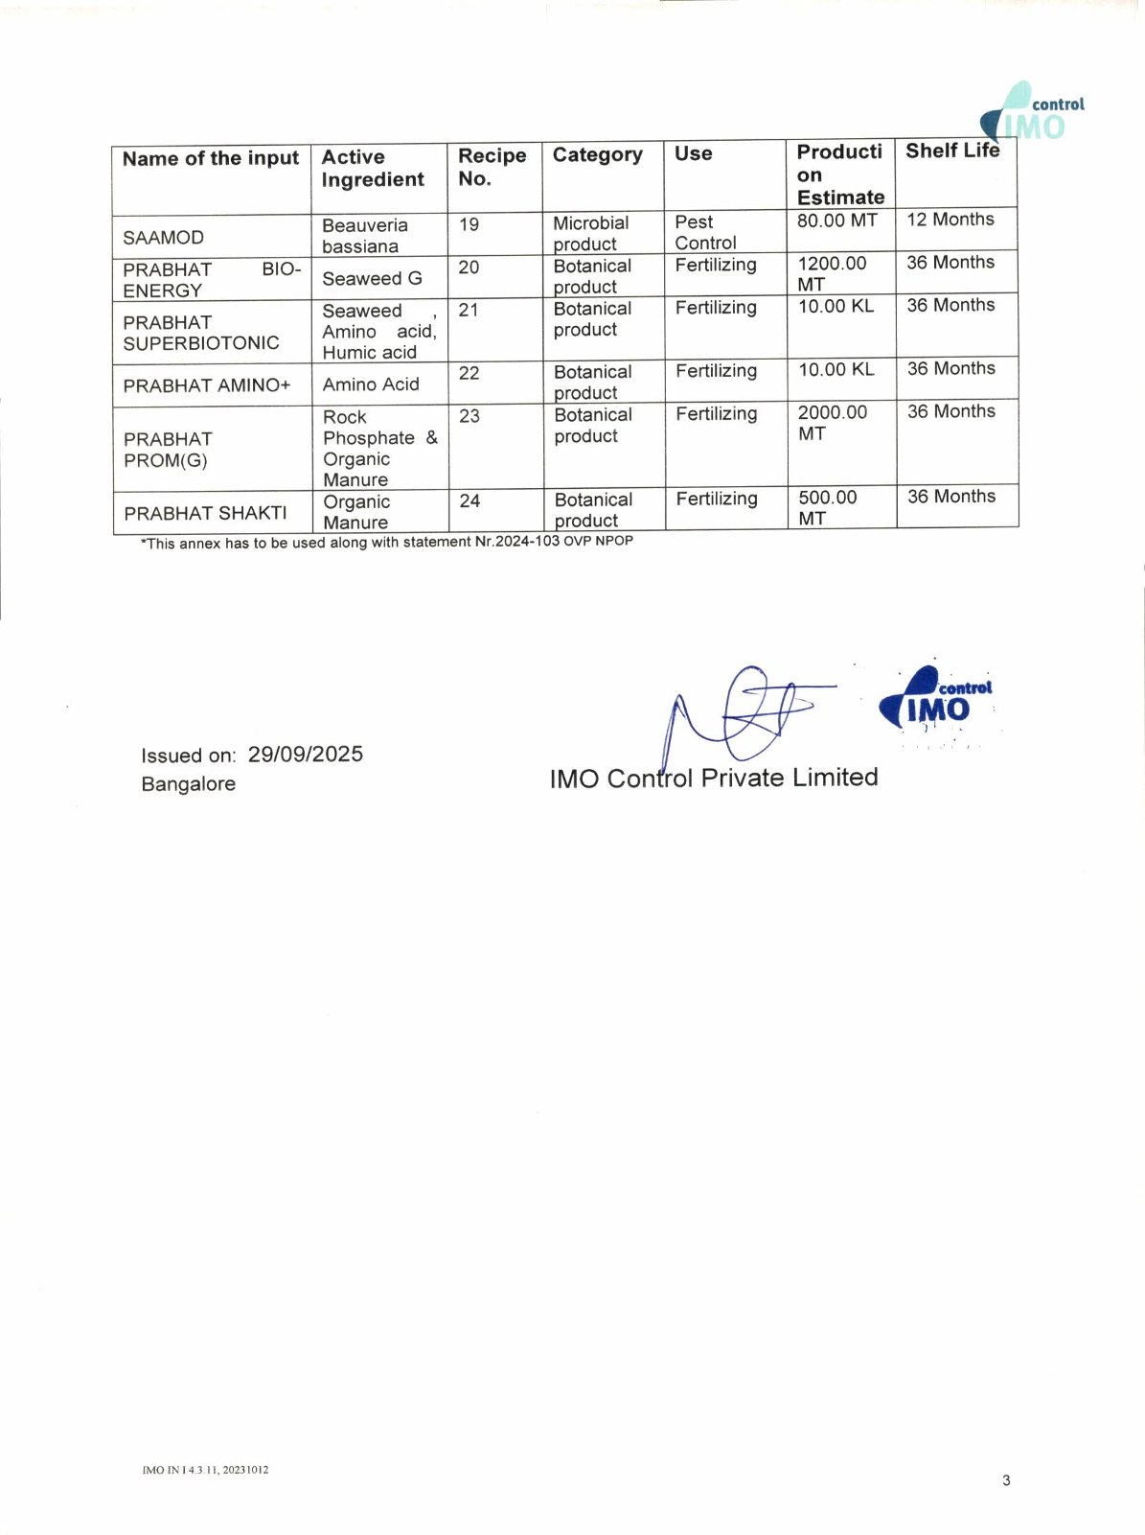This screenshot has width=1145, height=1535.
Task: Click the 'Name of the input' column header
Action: (x=211, y=158)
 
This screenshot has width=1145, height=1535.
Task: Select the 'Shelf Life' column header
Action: (x=952, y=151)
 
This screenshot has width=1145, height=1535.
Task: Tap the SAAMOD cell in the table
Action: (x=163, y=237)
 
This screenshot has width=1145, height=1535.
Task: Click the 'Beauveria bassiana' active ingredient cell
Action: (x=364, y=236)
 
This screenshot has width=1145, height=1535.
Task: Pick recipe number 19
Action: (x=469, y=224)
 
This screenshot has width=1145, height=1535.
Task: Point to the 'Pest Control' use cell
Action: (x=705, y=232)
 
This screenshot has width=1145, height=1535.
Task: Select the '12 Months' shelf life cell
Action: (x=950, y=220)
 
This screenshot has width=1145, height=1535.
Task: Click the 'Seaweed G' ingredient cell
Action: (x=372, y=278)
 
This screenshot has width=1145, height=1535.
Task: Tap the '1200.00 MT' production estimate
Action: (x=831, y=273)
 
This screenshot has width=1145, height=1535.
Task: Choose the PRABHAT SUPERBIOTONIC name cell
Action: (x=200, y=333)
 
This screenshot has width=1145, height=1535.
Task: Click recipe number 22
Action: (x=469, y=373)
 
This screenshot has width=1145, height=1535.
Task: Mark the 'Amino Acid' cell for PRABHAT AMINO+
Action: (x=371, y=384)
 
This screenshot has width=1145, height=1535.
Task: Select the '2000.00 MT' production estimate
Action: (x=832, y=423)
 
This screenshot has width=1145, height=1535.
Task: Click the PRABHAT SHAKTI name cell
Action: (x=205, y=513)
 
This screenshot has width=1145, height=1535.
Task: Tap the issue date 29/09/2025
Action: (x=305, y=755)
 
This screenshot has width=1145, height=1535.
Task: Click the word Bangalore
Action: (x=188, y=784)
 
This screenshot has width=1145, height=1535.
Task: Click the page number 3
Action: (x=1006, y=1480)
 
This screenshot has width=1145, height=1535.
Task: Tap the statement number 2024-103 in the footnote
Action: (x=527, y=541)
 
